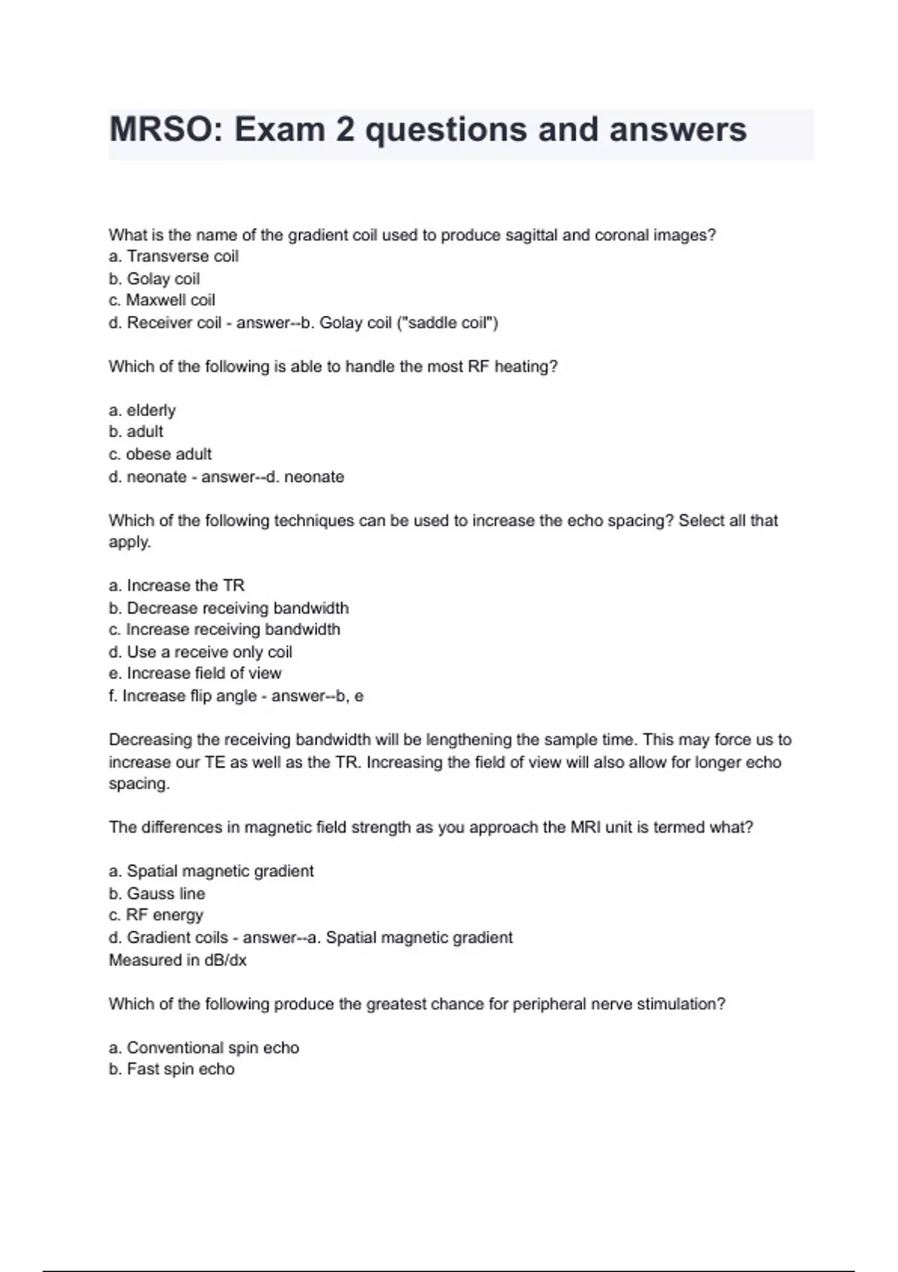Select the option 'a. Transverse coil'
[174, 257]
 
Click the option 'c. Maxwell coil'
[162, 300]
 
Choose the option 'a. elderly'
[142, 410]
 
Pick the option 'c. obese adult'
[160, 454]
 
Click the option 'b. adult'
[135, 432]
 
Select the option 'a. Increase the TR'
[177, 586]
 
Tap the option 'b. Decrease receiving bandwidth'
[228, 608]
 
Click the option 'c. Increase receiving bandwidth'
[224, 630]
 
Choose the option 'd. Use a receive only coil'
[201, 652]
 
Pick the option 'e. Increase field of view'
[195, 673]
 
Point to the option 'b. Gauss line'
[156, 893]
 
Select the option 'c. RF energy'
[156, 915]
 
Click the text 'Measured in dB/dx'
[177, 960]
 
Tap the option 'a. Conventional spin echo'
[204, 1048]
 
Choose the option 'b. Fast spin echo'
[171, 1069]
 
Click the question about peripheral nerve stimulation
[417, 1004]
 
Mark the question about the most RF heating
[333, 367]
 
